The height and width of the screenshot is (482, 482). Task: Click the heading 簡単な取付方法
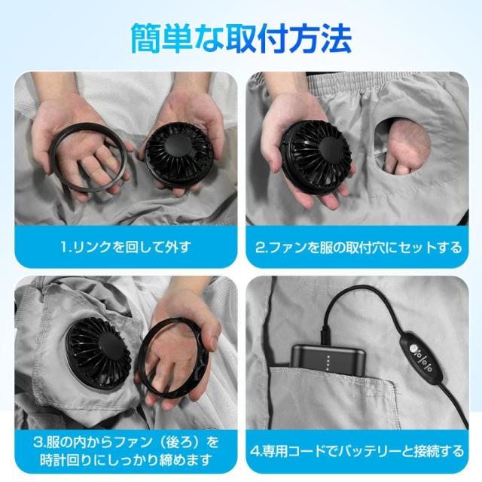tap(241, 38)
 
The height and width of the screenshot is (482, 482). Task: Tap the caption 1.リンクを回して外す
tap(126, 247)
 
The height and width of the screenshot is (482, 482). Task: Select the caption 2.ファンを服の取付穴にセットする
tap(358, 247)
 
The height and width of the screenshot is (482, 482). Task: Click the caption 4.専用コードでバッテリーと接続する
tap(357, 451)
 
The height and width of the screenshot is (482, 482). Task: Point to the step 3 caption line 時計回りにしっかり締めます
tap(127, 460)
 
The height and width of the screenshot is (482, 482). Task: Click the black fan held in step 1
tap(179, 153)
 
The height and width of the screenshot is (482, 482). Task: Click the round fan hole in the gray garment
tap(402, 146)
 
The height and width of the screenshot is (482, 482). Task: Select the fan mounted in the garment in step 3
tap(99, 354)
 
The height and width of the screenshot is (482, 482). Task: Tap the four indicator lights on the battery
tap(328, 361)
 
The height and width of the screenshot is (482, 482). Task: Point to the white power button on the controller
tap(413, 348)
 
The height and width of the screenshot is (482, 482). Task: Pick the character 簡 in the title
tap(146, 38)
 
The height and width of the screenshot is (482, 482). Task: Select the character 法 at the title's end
tap(337, 38)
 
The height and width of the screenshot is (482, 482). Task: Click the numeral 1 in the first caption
tap(63, 247)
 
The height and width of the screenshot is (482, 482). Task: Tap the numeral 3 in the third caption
tap(38, 442)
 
